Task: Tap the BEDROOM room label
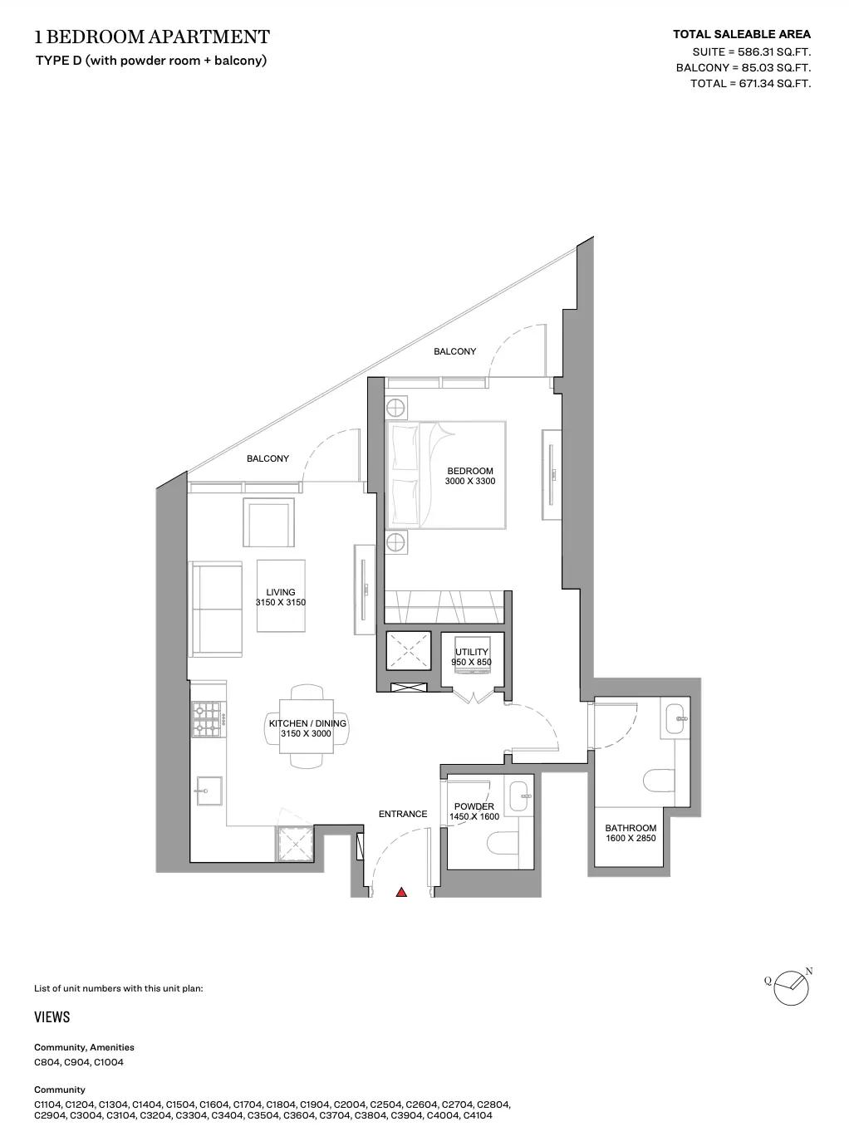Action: tap(470, 471)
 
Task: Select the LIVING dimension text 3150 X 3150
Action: tap(281, 602)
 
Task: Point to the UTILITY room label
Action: tap(472, 652)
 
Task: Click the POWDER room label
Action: tap(474, 806)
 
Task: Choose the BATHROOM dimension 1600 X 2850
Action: tap(631, 838)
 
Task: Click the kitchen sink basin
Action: tap(209, 791)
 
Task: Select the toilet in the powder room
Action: tap(503, 842)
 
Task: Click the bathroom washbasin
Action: tap(675, 719)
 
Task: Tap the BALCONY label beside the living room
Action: tap(267, 458)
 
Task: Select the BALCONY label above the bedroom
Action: tap(454, 351)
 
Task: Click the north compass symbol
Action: tap(791, 988)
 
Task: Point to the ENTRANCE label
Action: tap(403, 814)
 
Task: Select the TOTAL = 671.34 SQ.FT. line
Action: tap(750, 83)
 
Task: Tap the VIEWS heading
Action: tap(52, 1017)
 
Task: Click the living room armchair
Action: tap(268, 522)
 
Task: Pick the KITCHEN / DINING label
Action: tap(307, 723)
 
